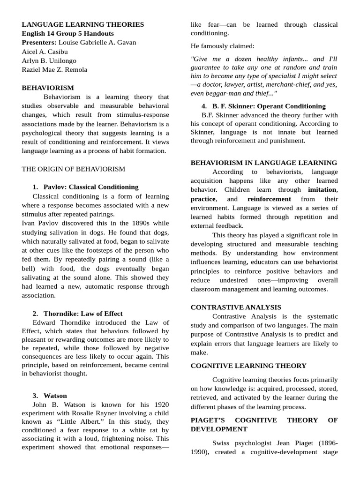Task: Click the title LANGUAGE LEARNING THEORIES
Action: (83, 24)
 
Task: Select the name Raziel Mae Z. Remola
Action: (54, 70)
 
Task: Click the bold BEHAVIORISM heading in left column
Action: (48, 88)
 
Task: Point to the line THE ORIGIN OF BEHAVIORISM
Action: (73, 169)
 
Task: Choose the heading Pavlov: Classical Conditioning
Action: (91, 187)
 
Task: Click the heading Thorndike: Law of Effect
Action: (83, 314)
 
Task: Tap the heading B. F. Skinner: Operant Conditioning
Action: (269, 106)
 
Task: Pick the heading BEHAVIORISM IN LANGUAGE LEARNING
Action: (263, 163)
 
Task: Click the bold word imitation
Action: (322, 190)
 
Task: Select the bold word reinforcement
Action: (269, 199)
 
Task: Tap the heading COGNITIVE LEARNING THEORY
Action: (248, 366)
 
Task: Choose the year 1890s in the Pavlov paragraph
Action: (128, 224)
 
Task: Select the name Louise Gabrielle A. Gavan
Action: (97, 43)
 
